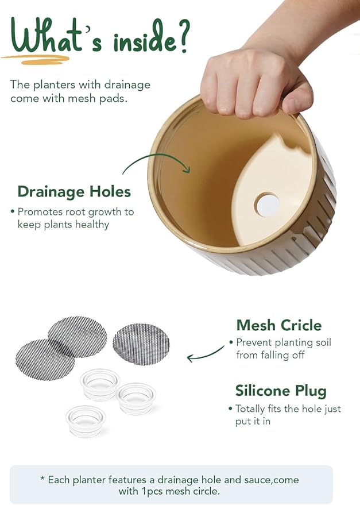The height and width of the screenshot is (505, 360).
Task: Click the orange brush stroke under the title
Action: tap(36, 58)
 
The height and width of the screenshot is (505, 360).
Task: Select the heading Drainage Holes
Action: tap(74, 191)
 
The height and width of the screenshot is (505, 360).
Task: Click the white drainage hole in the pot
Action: tap(267, 205)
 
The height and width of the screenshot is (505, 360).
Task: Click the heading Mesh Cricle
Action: tap(278, 325)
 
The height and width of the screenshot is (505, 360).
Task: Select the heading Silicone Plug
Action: tap(281, 391)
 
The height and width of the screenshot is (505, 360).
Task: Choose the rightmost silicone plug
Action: tap(137, 398)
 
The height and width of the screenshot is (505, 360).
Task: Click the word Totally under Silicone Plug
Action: tap(251, 409)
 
